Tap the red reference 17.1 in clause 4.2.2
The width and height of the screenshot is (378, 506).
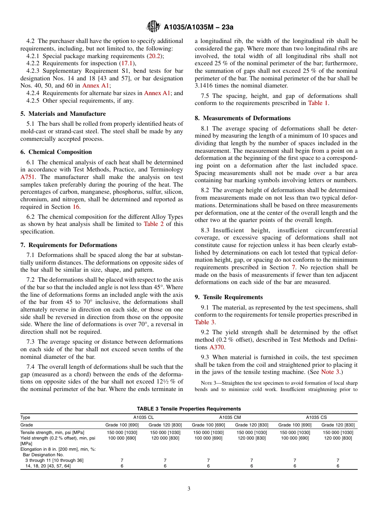click(x=127, y=63)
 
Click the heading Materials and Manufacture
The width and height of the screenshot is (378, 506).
click(x=63, y=114)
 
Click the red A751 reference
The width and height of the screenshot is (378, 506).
click(x=27, y=177)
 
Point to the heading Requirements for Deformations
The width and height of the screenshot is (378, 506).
click(x=69, y=245)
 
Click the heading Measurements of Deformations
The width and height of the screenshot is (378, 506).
click(x=243, y=118)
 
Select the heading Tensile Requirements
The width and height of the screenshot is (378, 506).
click(x=229, y=297)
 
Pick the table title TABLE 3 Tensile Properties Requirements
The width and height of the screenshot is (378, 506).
click(x=189, y=409)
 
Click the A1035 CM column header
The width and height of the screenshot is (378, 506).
click(x=230, y=417)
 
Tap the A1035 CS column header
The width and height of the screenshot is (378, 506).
click(x=316, y=417)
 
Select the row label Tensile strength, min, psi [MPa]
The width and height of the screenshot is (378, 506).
click(x=52, y=432)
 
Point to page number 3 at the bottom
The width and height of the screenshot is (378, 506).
click(x=189, y=489)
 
